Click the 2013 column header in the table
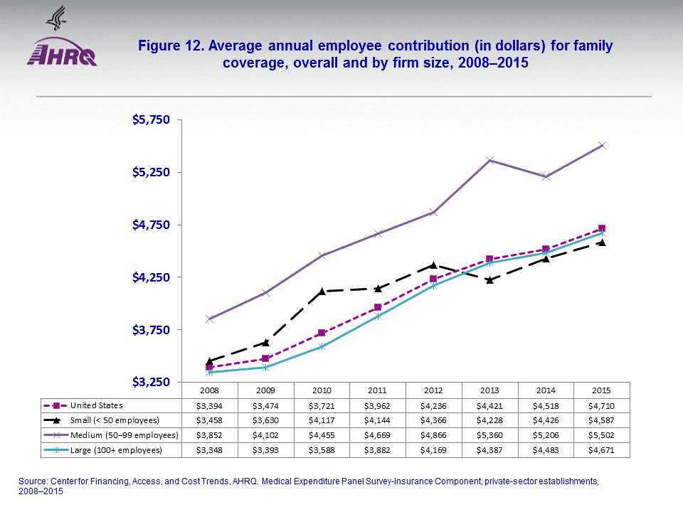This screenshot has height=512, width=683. (489, 390)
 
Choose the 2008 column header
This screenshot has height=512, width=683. (209, 390)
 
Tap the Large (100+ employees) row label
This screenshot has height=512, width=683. (114, 450)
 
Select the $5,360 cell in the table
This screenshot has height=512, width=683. (489, 435)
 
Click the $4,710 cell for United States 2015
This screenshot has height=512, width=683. (601, 405)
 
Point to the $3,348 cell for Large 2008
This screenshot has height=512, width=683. (209, 450)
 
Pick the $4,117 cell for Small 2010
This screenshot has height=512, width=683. (322, 420)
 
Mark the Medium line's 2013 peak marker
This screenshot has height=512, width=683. (489, 160)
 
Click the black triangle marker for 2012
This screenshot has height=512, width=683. (433, 265)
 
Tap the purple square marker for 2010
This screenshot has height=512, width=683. (322, 333)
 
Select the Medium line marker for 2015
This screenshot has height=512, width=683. (601, 145)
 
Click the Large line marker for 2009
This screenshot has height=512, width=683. (265, 367)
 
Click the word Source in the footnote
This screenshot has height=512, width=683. (32, 481)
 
